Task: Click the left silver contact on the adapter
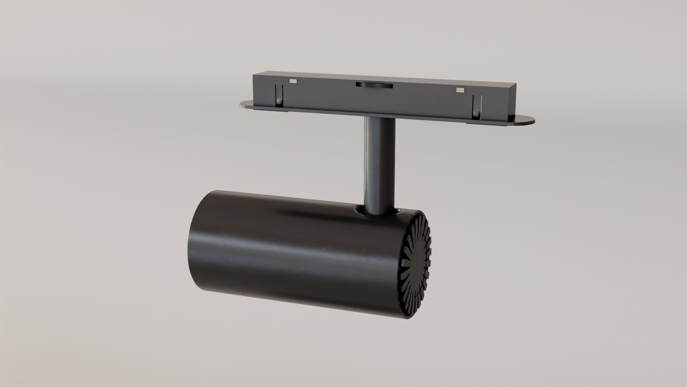(x=293, y=81)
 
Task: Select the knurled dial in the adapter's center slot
(x=374, y=85)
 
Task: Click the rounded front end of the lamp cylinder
(x=195, y=244)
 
